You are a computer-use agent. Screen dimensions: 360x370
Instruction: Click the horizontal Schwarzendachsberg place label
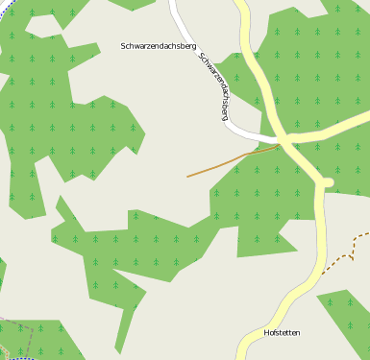159,45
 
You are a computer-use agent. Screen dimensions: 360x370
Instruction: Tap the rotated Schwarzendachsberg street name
212,85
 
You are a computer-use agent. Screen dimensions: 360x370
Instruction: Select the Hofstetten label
282,333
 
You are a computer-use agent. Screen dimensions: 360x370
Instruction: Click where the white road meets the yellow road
277,140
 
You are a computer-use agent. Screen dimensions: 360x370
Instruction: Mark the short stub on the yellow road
327,181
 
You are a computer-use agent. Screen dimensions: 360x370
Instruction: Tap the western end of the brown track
188,177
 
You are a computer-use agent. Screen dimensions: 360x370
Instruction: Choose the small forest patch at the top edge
133,4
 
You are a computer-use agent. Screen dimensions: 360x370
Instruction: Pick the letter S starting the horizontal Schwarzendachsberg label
124,45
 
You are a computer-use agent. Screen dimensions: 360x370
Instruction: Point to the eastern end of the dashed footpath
367,233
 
